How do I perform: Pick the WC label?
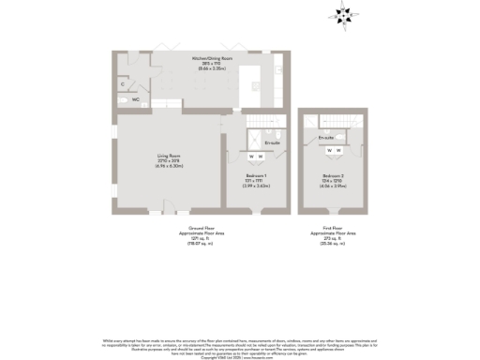tap(136, 97)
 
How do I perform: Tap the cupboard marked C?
tap(123, 84)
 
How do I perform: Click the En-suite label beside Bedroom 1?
tap(273, 142)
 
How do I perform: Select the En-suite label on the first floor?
tap(325, 137)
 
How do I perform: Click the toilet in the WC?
tap(123, 97)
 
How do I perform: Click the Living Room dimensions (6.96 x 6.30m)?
tap(168, 166)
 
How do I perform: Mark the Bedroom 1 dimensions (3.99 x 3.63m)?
tap(256, 186)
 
